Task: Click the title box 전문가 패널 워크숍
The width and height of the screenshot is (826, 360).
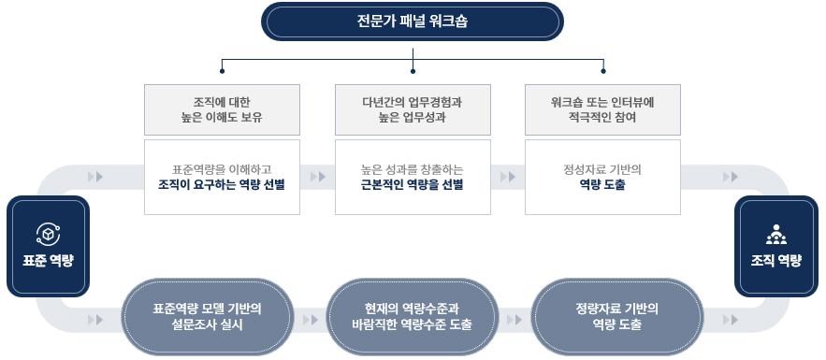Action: click(413, 22)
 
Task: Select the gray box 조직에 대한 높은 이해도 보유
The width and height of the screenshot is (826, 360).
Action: click(222, 109)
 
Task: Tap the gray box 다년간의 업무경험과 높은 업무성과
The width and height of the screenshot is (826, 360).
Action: click(413, 109)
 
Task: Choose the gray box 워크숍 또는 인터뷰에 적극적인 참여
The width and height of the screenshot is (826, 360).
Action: click(602, 109)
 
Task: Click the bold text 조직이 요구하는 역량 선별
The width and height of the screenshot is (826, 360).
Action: click(222, 185)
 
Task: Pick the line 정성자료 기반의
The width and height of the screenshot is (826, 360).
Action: click(602, 170)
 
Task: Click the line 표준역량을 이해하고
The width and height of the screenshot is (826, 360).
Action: click(222, 170)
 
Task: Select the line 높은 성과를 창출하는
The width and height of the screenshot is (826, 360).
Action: click(412, 170)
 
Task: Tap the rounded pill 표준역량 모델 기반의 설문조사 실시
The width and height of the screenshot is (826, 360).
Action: click(207, 316)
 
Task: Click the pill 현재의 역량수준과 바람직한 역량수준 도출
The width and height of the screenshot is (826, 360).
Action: click(412, 316)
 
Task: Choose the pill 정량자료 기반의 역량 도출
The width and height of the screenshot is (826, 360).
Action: click(616, 316)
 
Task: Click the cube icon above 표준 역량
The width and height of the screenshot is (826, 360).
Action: click(48, 234)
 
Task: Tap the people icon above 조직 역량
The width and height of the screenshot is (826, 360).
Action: click(776, 235)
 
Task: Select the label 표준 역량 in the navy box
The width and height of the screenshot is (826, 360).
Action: click(48, 261)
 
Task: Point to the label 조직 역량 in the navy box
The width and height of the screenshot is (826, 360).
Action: click(776, 261)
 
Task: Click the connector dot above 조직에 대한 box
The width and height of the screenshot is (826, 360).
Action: click(223, 70)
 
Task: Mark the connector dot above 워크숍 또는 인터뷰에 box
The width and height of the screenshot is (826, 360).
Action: click(603, 70)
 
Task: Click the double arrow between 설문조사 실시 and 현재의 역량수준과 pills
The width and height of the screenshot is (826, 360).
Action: click(311, 320)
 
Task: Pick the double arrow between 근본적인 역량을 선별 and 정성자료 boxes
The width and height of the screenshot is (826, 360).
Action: click(508, 177)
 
